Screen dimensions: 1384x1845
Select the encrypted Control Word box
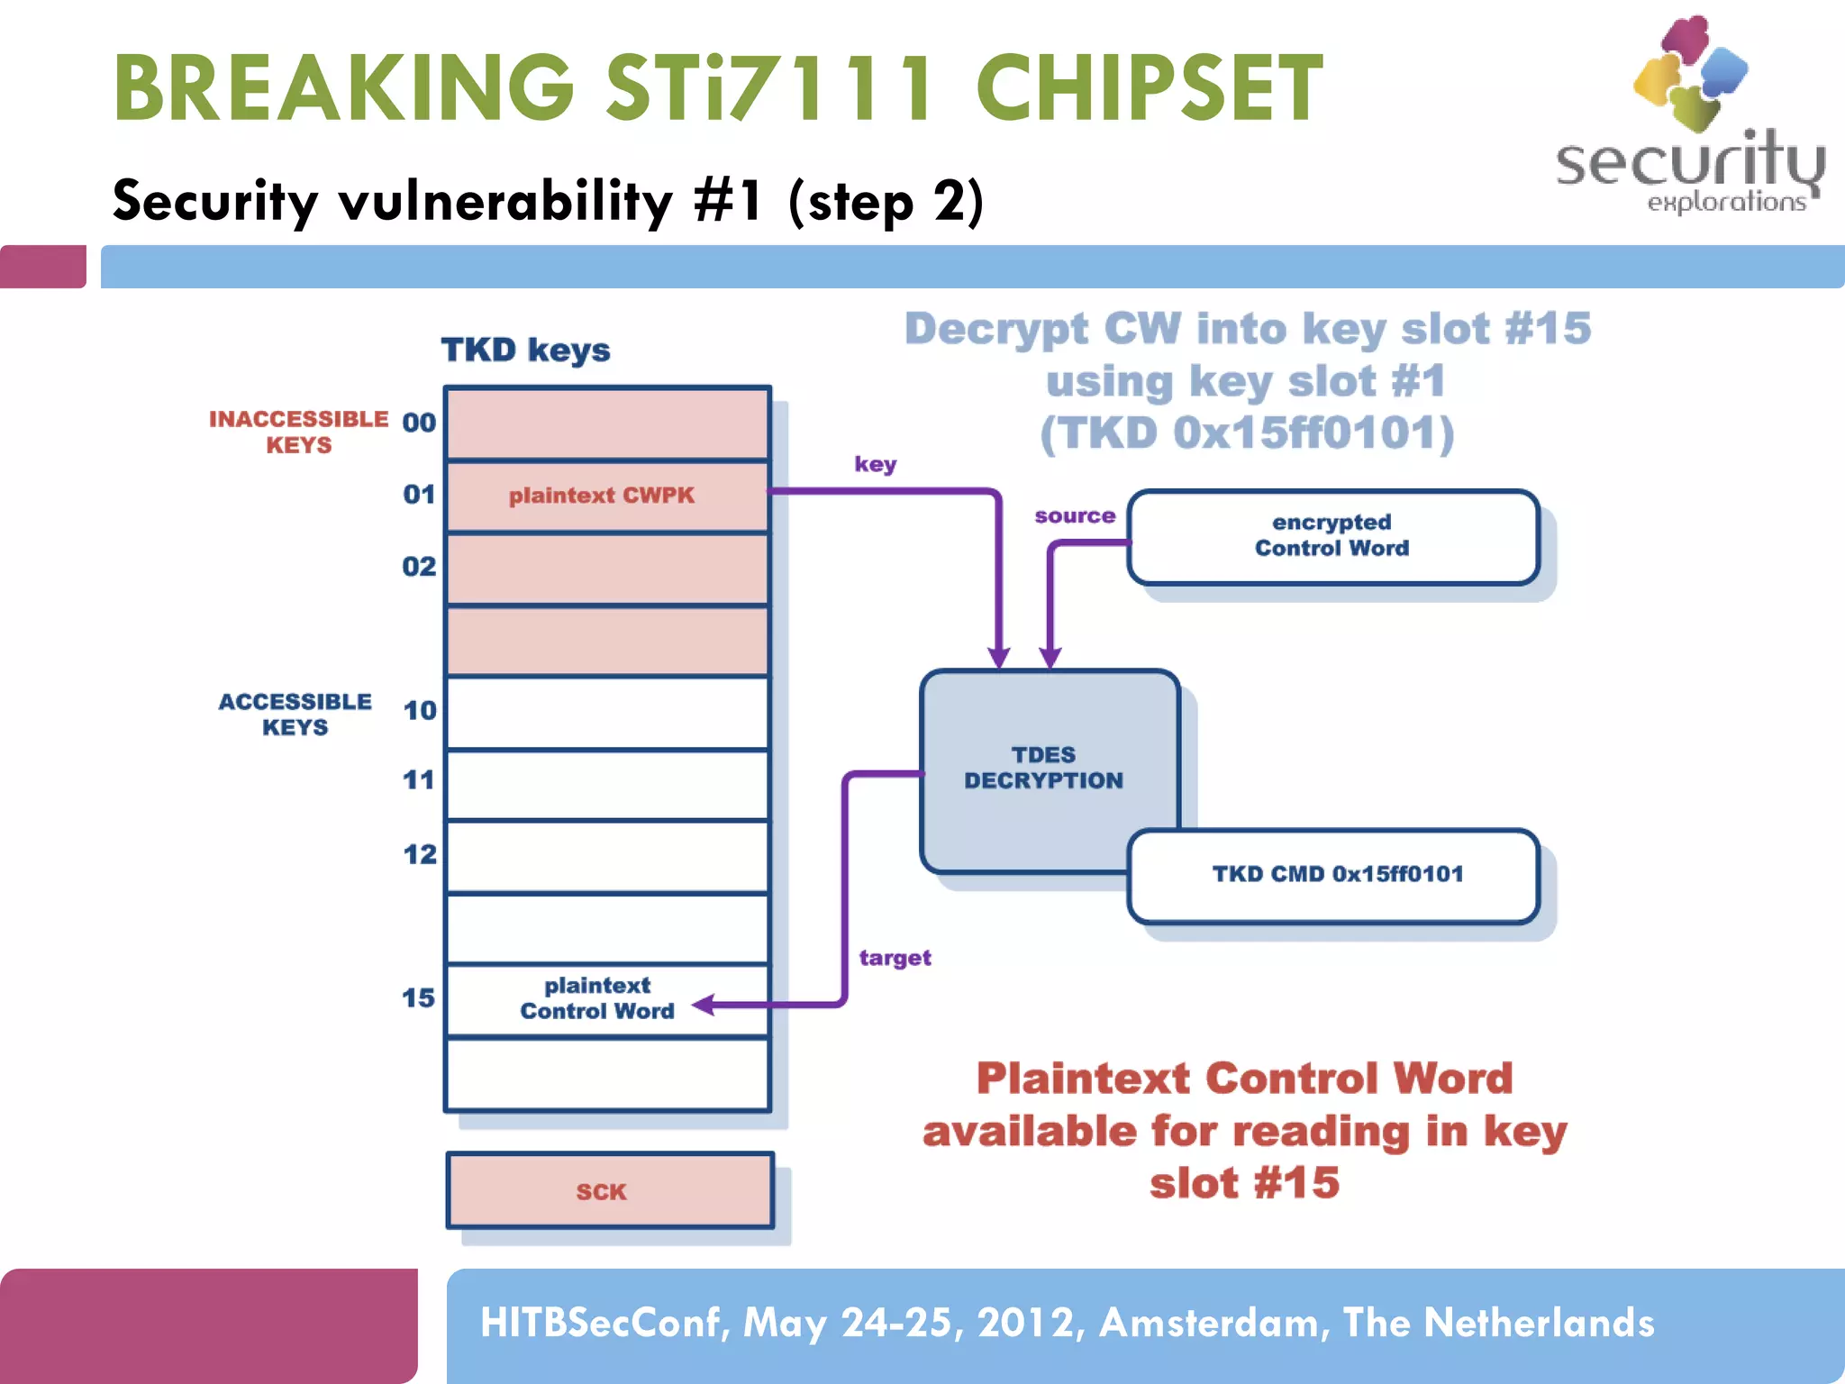coord(1331,536)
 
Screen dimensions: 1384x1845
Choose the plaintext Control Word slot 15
coord(596,998)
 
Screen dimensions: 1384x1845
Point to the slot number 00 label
coord(419,423)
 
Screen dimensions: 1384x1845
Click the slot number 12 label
coord(419,854)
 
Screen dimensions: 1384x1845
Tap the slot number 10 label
coord(419,711)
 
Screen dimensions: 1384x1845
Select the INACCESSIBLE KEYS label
coord(298,432)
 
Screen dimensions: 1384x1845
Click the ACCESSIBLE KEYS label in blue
coord(295,715)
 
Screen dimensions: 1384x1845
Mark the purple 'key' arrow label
coord(875,464)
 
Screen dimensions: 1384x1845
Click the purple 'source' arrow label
coord(1074,516)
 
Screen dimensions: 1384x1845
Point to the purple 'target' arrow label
coord(894,958)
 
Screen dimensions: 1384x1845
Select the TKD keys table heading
coord(525,351)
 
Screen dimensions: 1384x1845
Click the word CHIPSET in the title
coord(1149,88)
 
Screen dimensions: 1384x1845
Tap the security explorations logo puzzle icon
coord(1690,74)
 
